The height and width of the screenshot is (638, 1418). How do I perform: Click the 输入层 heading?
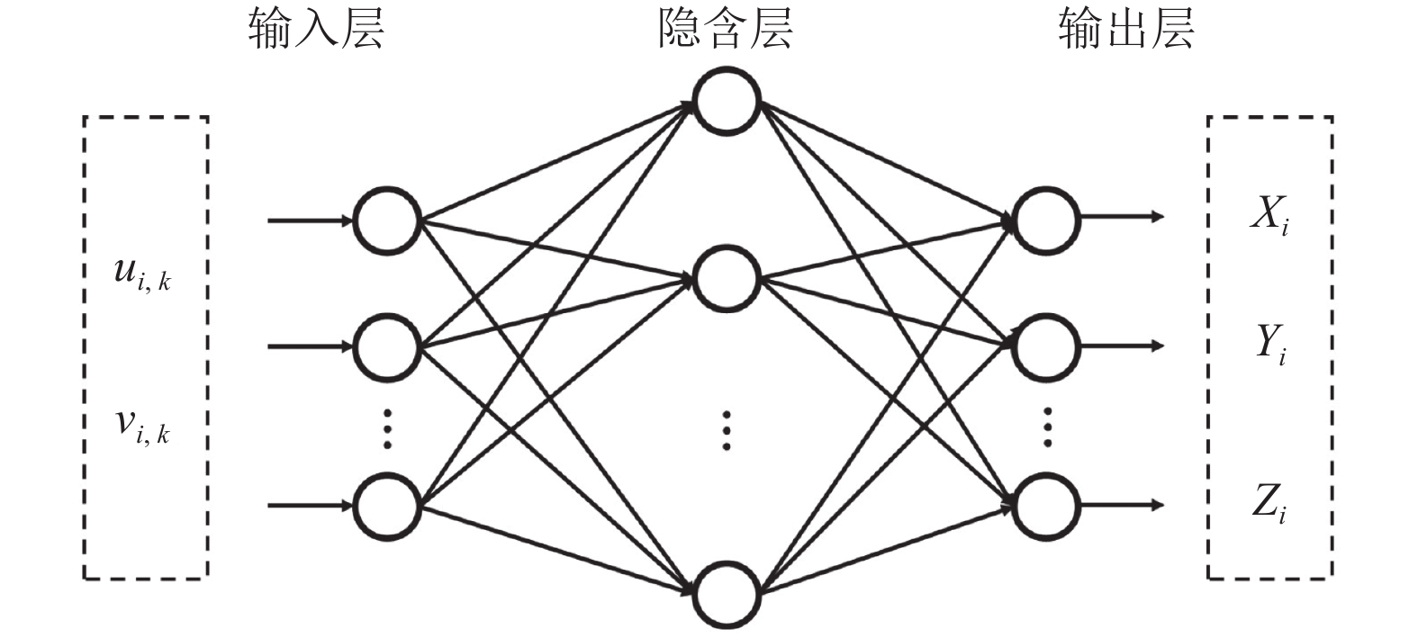(316, 29)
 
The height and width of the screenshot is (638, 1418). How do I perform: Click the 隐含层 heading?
(725, 29)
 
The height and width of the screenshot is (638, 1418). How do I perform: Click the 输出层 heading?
(1125, 29)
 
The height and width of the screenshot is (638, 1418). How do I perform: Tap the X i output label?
(1269, 216)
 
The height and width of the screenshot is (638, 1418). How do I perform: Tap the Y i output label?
(1270, 345)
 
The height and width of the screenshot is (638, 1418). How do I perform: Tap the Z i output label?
(1269, 505)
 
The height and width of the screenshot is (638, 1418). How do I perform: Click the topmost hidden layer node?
(727, 99)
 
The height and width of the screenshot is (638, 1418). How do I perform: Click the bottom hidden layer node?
(727, 595)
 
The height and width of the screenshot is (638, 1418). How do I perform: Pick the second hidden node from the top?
(727, 279)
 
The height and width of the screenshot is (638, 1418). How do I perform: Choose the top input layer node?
(387, 220)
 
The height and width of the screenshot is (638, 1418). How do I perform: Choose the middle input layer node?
(387, 346)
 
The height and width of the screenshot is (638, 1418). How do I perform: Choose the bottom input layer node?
(387, 506)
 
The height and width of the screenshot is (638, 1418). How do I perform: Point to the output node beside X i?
(1045, 220)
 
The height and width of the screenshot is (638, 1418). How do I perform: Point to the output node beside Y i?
(1045, 346)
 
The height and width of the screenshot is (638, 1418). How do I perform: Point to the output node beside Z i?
(1045, 506)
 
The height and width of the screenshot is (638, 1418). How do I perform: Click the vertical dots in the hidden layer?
(727, 430)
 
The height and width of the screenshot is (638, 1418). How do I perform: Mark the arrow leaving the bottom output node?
(1121, 505)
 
